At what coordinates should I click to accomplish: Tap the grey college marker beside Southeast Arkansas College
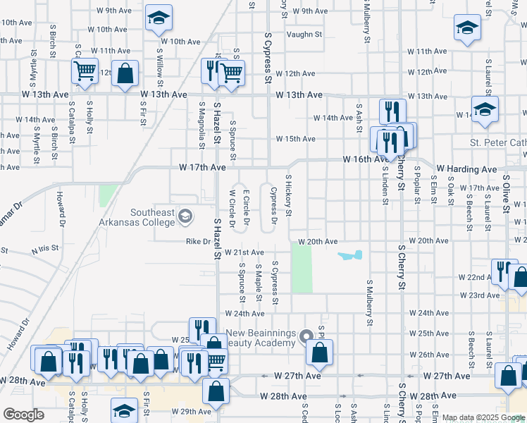[x=185, y=215]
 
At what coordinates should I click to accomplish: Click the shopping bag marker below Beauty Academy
[x=319, y=352]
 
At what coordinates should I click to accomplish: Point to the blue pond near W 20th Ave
[x=350, y=255]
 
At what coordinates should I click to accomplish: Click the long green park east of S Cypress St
[x=302, y=271]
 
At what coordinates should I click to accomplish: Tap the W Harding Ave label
[x=466, y=169]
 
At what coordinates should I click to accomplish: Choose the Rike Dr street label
[x=198, y=241]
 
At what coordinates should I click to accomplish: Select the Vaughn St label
[x=307, y=34]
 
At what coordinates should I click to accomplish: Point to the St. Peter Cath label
[x=497, y=143]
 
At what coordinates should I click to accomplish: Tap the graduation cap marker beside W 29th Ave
[x=125, y=410]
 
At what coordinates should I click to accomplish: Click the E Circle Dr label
[x=246, y=207]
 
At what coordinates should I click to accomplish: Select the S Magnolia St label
[x=201, y=123]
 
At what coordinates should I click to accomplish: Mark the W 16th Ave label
[x=366, y=160]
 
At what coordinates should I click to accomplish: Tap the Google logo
[x=23, y=415]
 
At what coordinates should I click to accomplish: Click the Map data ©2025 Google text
[x=483, y=417]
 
